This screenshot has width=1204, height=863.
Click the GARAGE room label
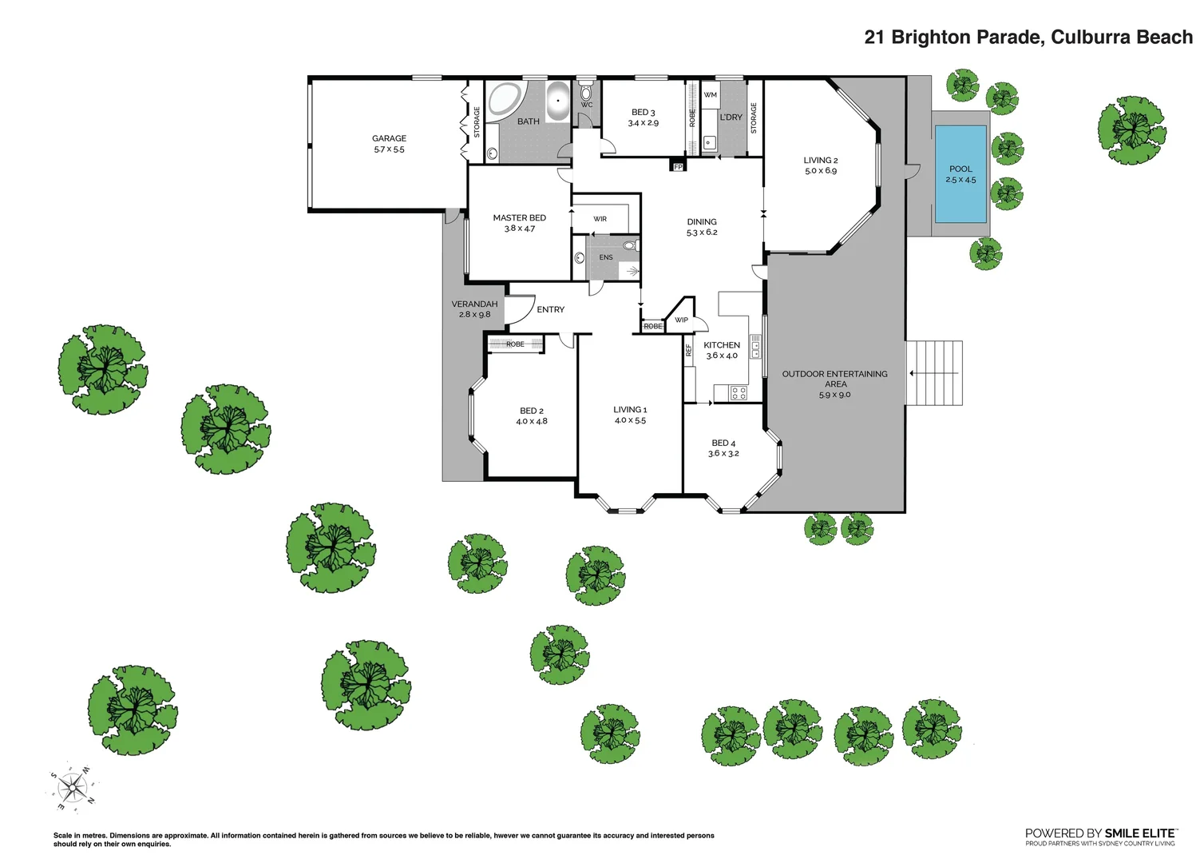389,138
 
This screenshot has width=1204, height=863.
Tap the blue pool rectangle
960,173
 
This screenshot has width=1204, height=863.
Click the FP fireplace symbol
678,167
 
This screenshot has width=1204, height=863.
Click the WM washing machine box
710,95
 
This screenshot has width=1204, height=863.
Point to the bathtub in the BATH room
557,101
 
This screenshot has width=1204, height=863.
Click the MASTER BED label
519,217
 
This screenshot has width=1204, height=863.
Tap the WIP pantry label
681,320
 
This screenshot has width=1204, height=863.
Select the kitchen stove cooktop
739,392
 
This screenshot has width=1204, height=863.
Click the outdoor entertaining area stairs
934,373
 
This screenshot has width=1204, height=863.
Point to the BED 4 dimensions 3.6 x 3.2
723,454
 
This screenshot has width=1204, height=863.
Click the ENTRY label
550,309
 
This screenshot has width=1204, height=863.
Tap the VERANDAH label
474,304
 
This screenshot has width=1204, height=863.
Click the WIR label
600,219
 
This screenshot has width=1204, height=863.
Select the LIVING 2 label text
820,160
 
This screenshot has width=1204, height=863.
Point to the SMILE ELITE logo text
1139,833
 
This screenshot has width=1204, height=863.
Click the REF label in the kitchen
688,349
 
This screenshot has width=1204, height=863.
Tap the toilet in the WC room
586,93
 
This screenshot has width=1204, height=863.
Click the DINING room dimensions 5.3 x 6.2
702,233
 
